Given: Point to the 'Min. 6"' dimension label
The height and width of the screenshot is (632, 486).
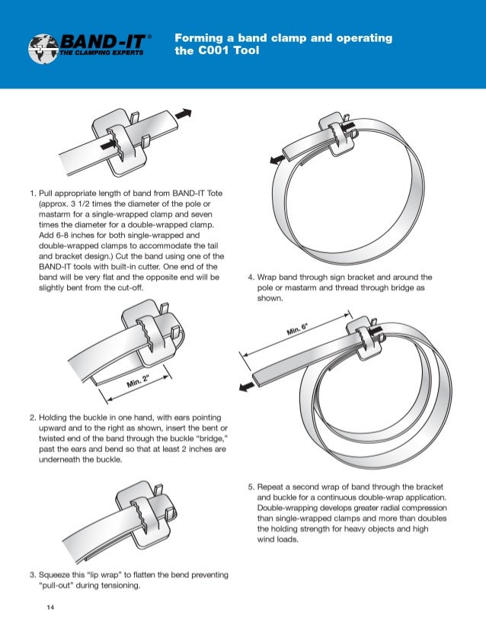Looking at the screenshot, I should tap(298, 329).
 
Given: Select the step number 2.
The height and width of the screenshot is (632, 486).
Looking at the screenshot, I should tap(31, 418).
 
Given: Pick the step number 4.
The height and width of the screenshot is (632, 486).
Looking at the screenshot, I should tap(251, 279).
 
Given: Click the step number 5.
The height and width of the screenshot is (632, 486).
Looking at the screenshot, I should tap(251, 486).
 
